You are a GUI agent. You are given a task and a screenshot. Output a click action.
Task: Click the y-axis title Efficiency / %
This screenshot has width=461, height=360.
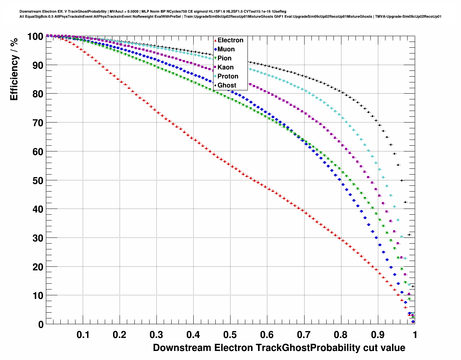(14, 69)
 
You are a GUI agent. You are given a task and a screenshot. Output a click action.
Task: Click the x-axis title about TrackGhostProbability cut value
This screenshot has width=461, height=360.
(279, 348)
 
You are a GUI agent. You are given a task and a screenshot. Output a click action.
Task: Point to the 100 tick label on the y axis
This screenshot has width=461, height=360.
(35, 37)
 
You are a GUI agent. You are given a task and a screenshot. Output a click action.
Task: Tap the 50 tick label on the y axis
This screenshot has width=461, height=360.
(38, 180)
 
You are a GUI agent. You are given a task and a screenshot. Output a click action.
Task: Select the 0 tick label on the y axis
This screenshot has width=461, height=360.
(41, 325)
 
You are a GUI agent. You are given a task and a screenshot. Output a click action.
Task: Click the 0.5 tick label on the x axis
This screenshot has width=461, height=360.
(231, 335)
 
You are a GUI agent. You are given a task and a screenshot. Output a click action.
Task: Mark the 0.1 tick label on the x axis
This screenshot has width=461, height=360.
(83, 335)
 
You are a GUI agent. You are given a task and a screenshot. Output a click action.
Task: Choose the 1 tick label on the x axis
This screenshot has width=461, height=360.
(415, 335)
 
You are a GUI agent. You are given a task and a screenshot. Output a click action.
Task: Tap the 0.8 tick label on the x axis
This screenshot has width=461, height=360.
(341, 335)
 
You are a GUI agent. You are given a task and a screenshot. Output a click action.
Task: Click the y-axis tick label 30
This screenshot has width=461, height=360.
(38, 238)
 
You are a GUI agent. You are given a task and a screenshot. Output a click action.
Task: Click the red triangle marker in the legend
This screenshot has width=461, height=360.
(215, 40)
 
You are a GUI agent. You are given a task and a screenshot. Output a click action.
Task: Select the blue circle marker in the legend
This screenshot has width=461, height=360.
(215, 49)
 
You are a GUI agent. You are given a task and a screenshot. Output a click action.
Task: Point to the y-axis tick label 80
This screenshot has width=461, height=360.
(38, 94)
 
